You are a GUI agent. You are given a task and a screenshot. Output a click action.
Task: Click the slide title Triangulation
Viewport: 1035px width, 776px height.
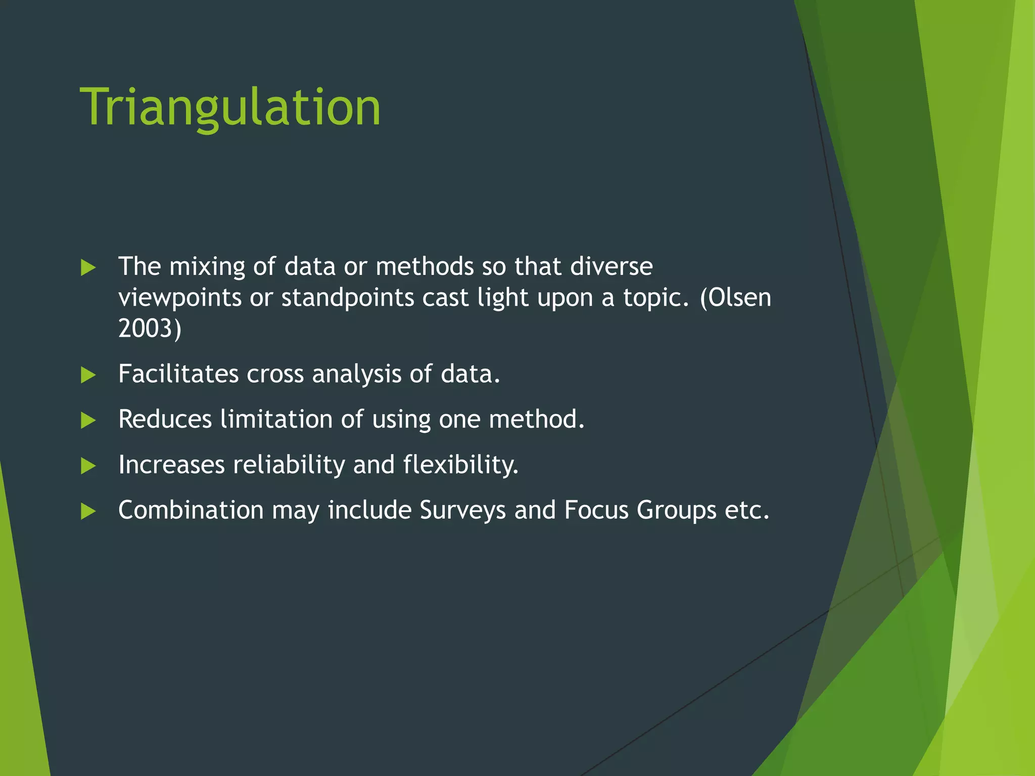(x=230, y=107)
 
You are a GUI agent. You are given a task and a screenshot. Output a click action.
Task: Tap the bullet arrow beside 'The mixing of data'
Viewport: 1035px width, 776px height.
(x=88, y=268)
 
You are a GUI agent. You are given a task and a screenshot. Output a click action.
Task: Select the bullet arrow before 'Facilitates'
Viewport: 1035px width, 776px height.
(x=88, y=375)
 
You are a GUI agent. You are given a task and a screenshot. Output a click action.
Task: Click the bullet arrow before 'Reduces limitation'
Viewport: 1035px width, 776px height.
(x=88, y=420)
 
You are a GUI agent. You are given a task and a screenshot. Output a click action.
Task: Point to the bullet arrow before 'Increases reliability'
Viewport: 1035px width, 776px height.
(x=88, y=466)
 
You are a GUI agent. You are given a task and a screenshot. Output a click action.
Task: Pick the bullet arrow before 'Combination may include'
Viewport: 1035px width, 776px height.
(x=88, y=511)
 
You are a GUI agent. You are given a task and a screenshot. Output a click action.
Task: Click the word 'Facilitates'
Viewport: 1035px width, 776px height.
(x=178, y=374)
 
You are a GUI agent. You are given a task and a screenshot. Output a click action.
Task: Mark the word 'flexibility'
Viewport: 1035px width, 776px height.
(x=460, y=465)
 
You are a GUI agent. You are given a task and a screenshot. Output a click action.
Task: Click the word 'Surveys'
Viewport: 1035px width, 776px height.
(x=462, y=510)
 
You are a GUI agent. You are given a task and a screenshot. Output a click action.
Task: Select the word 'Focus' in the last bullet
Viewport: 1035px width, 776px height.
(x=596, y=510)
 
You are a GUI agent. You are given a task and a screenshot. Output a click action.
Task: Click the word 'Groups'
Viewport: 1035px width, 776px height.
(x=676, y=510)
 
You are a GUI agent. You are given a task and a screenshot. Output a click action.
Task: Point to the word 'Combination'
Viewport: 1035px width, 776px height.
(x=191, y=510)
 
